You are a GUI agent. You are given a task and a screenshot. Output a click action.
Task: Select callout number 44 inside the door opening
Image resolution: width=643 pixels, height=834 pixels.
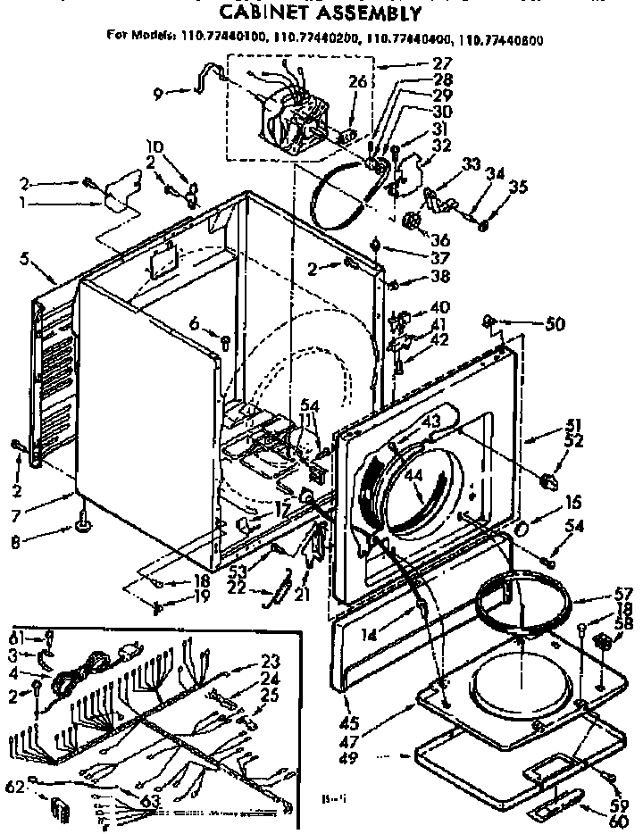coord(413,476)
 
